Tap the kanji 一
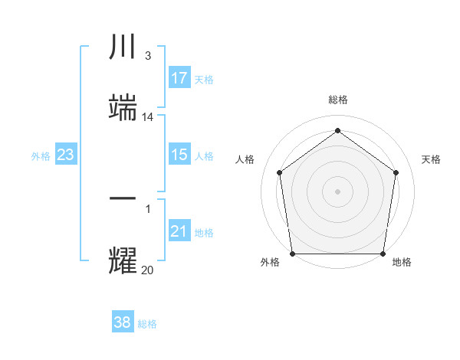(123, 198)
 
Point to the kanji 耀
(123, 260)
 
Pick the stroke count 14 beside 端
(148, 117)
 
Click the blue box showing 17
(179, 78)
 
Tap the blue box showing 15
(179, 155)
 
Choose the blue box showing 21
(179, 231)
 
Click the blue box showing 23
(65, 155)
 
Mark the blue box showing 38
(123, 322)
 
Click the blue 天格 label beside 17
(204, 80)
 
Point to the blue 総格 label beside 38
(147, 324)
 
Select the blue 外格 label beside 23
(41, 156)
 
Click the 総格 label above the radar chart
(337, 100)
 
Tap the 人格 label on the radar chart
(245, 159)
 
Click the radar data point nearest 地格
(383, 254)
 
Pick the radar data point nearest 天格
(396, 172)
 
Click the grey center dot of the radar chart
(337, 191)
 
